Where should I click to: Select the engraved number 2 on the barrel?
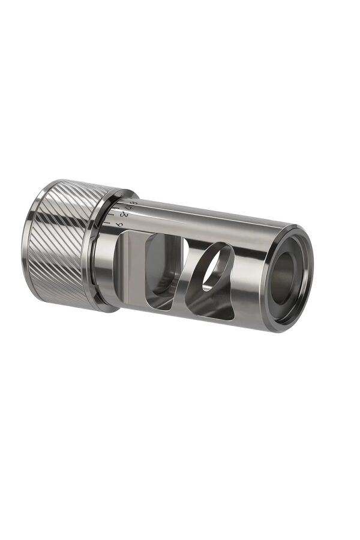(124, 215)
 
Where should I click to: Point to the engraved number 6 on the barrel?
(119, 224)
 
